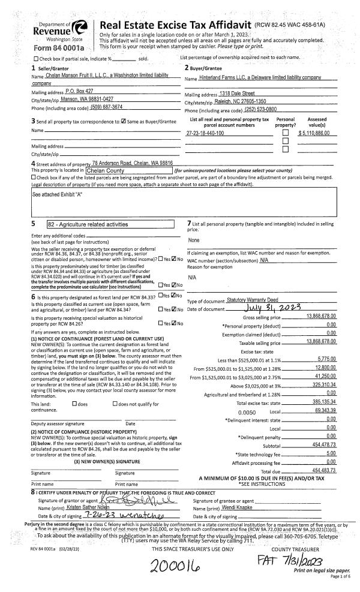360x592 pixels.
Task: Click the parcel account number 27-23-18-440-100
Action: coord(205,133)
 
